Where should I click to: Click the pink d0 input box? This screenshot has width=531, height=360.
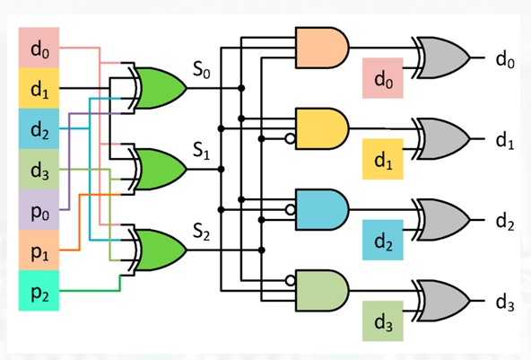click(39, 48)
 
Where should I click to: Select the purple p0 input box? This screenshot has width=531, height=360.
click(39, 210)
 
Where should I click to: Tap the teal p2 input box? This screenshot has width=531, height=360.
click(39, 291)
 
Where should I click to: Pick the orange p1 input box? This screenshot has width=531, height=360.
click(39, 250)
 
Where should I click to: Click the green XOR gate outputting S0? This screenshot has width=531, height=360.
click(157, 88)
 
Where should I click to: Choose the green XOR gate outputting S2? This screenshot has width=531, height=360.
click(157, 250)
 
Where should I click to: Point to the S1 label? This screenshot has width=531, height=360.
click(201, 150)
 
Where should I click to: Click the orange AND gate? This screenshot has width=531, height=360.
click(322, 48)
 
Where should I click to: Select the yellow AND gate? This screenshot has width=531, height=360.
click(322, 128)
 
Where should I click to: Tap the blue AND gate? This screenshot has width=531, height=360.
click(322, 210)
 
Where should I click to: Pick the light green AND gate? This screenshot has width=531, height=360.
click(322, 291)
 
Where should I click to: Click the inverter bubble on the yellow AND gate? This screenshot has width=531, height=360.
click(291, 138)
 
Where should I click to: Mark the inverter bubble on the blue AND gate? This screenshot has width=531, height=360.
click(291, 210)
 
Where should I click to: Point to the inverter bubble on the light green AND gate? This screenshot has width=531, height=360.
click(291, 281)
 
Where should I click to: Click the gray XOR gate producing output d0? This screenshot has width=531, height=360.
click(442, 57)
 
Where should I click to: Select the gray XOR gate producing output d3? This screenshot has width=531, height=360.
click(442, 301)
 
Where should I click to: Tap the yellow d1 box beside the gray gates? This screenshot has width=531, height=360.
click(383, 159)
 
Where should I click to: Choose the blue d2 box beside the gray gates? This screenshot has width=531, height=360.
click(383, 240)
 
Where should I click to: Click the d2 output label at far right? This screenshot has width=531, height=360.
click(505, 222)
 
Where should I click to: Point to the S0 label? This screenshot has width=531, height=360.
click(201, 69)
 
